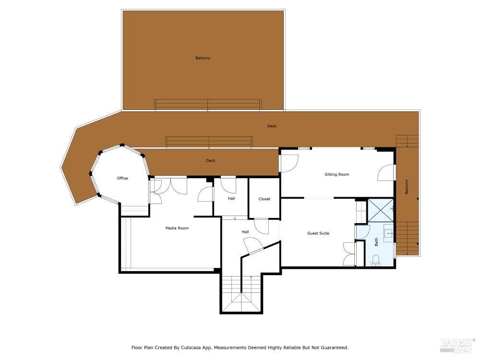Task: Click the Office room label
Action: [122, 178]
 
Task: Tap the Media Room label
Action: [177, 228]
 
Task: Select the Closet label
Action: [264, 199]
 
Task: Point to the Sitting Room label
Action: [337, 174]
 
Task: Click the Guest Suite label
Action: [318, 233]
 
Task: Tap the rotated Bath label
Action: [376, 242]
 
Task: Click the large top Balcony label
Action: [203, 58]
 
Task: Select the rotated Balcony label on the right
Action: [407, 187]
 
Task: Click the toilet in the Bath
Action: [376, 261]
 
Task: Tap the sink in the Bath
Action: [388, 235]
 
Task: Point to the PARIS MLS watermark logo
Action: [456, 345]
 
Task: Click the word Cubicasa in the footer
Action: [185, 347]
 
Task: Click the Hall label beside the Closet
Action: [231, 198]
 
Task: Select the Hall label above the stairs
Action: [245, 232]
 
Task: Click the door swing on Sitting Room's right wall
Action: [386, 173]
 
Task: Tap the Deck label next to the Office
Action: [210, 160]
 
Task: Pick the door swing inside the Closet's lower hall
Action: [262, 226]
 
